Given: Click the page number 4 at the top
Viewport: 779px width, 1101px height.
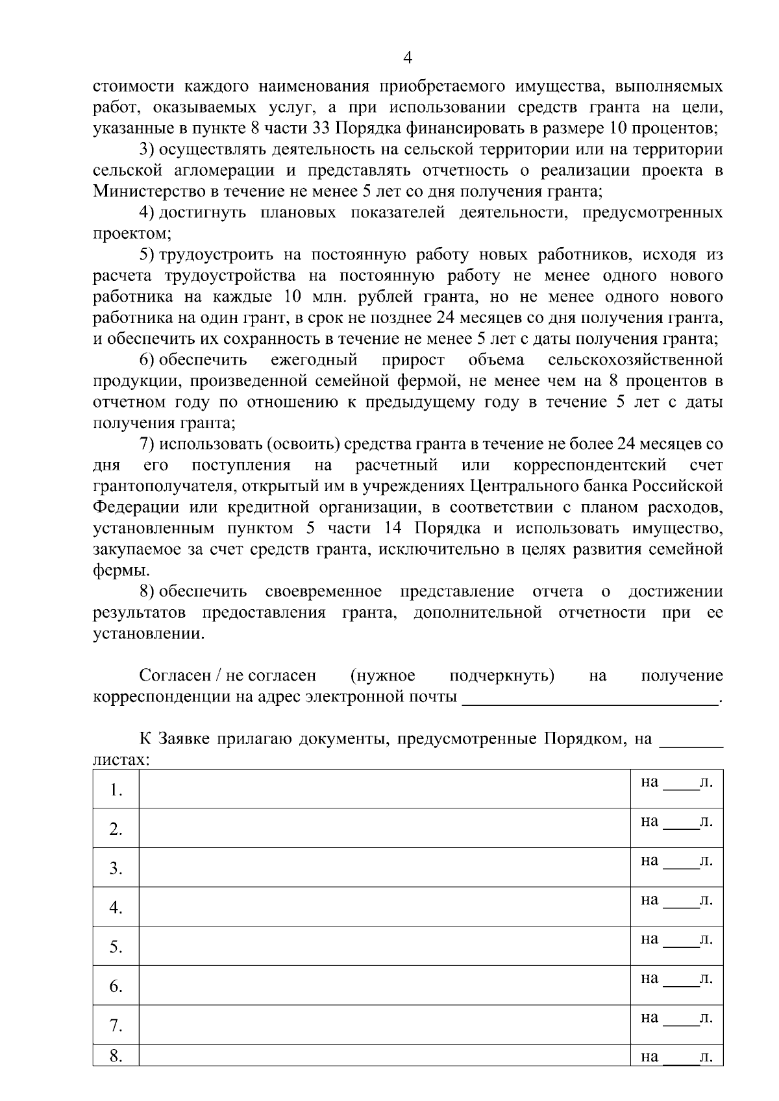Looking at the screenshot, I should click(407, 58).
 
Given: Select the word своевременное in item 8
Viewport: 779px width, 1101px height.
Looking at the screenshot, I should click(323, 592).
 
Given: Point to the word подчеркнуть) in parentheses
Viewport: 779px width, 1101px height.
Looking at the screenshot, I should click(502, 676).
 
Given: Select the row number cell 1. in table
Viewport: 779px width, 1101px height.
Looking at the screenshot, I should click(116, 790).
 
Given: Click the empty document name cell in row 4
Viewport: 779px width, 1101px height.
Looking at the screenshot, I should click(385, 907).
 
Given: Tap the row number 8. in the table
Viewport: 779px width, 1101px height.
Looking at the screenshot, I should click(116, 1056).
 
